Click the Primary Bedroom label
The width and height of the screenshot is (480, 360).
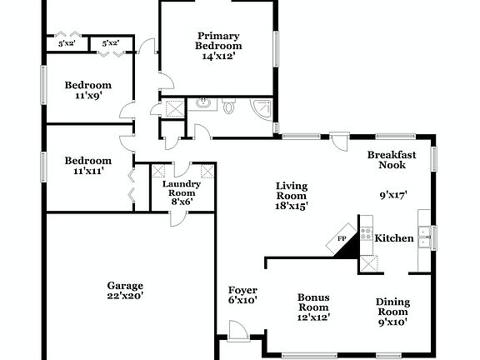[218, 41]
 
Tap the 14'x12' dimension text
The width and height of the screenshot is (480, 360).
[218, 57]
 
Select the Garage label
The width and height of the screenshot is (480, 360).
[125, 284]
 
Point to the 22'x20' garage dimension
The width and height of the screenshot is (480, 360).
[125, 295]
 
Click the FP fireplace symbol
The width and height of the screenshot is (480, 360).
[341, 240]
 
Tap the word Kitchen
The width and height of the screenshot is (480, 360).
[394, 238]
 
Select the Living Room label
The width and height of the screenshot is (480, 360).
[292, 191]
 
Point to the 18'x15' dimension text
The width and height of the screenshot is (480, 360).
[292, 207]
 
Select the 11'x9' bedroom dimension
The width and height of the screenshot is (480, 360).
[88, 96]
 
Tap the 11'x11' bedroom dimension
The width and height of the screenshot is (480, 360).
[88, 172]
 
